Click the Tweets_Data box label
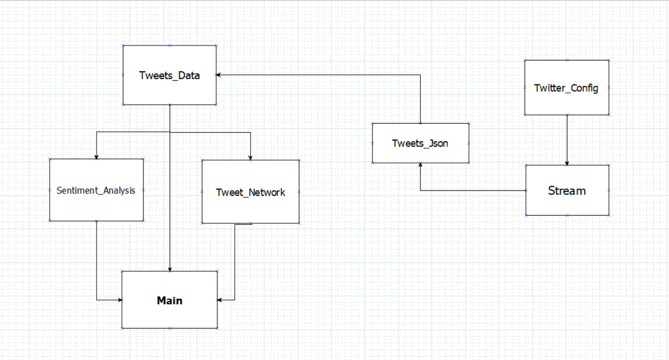169,75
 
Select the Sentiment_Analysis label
96,191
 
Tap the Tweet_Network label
250,192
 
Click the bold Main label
169,300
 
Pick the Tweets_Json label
420,143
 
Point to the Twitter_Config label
566,88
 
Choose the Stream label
567,191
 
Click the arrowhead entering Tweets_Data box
219,75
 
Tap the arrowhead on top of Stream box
567,163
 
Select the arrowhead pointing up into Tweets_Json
420,165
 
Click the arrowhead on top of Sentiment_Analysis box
96,157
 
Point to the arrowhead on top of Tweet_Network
250,157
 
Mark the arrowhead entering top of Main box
170,269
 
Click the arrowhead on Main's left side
120,300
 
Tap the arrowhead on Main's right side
220,300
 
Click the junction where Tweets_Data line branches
170,132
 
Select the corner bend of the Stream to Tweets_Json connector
420,191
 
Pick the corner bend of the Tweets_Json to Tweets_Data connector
420,75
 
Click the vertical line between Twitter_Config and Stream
567,138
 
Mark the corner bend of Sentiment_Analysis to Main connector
97,300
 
